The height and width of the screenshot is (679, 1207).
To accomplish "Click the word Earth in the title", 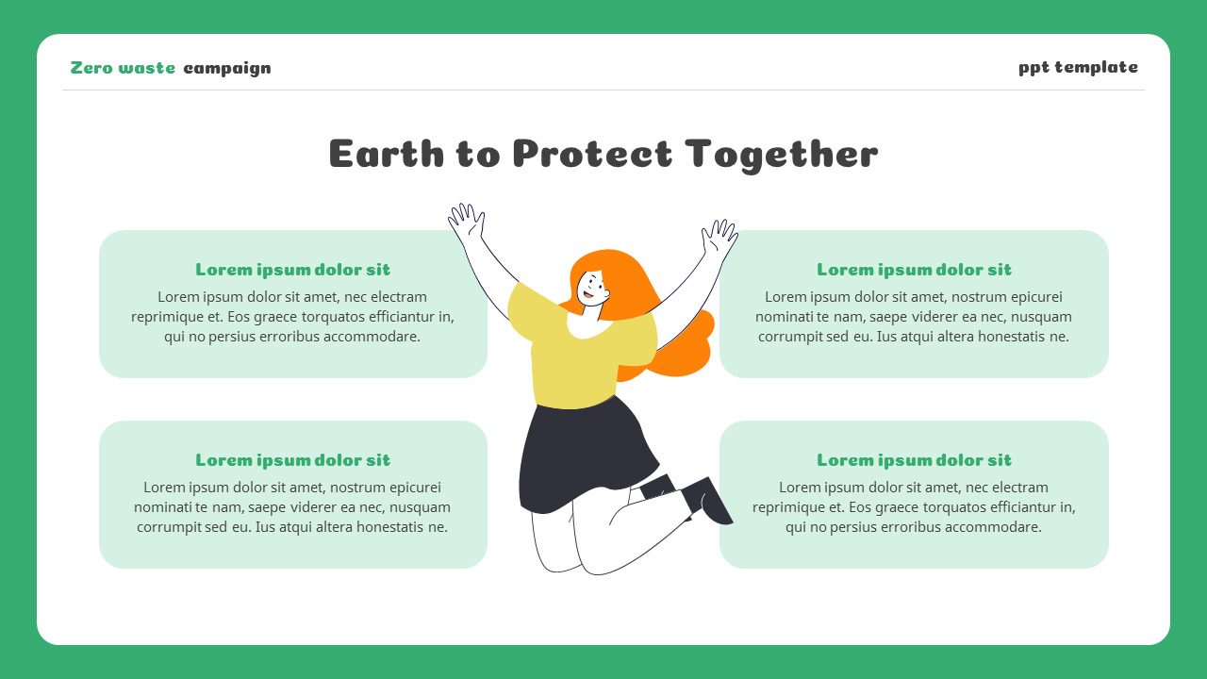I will (387, 154).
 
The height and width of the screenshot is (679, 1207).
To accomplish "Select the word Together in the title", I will (782, 154).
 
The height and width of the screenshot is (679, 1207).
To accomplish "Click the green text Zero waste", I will (123, 68).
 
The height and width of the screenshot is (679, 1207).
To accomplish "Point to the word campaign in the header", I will (227, 68).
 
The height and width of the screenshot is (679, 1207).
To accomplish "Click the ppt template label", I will (1078, 67).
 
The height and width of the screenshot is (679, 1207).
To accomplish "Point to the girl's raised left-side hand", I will (466, 223).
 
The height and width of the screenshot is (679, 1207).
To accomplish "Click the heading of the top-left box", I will (292, 270).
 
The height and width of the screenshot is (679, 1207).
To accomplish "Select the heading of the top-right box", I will (914, 270).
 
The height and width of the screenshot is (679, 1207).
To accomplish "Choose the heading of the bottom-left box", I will (292, 460).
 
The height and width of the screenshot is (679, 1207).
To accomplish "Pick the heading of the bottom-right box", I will (914, 460).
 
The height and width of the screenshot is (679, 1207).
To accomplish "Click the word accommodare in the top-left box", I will (372, 337).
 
